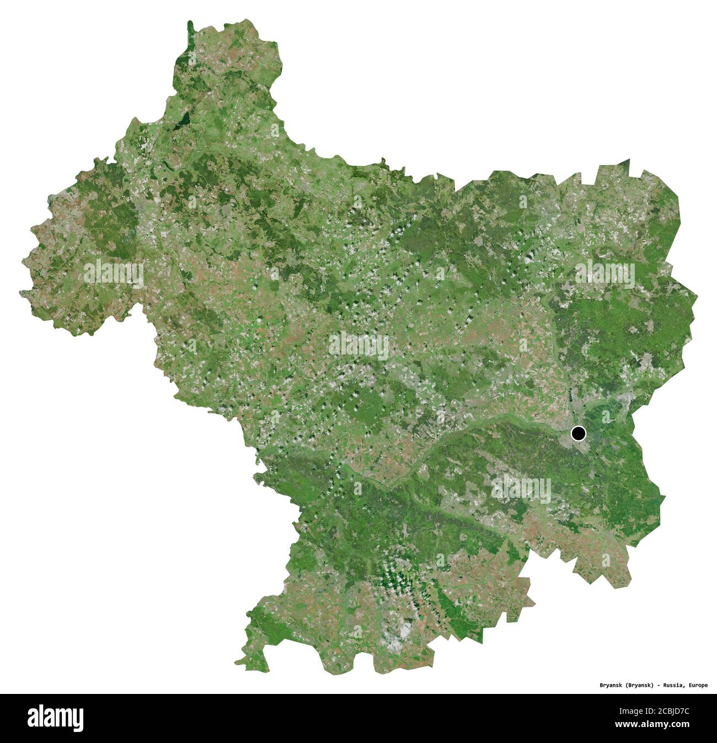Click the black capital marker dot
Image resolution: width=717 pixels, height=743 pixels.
[578, 434]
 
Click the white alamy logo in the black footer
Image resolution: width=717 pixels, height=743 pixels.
[56, 718]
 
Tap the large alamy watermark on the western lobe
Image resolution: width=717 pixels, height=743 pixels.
[114, 273]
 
